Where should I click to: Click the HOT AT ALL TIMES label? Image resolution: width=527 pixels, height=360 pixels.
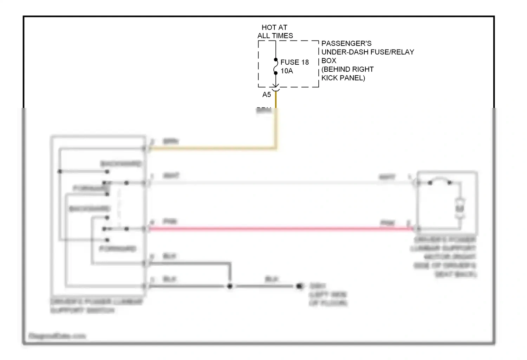pyautogui.click(x=275, y=32)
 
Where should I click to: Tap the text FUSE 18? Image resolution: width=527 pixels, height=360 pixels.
pyautogui.click(x=294, y=62)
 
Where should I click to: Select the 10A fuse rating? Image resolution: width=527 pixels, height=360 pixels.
pyautogui.click(x=287, y=71)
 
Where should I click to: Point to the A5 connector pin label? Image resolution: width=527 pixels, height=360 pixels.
pyautogui.click(x=267, y=95)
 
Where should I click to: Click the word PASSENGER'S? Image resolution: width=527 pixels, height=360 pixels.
pyautogui.click(x=346, y=44)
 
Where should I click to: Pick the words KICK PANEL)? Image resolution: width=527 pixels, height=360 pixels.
pyautogui.click(x=343, y=78)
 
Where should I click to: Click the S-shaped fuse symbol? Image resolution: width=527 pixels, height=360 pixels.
pyautogui.click(x=276, y=66)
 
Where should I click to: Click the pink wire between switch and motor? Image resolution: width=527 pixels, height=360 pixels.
pyautogui.click(x=281, y=229)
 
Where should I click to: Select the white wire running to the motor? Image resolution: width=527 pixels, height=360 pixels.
pyautogui.click(x=281, y=183)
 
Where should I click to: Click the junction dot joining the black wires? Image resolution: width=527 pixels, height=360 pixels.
pyautogui.click(x=230, y=286)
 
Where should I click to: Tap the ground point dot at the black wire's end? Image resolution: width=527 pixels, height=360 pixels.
pyautogui.click(x=299, y=286)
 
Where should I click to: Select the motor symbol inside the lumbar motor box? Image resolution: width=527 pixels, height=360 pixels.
pyautogui.click(x=460, y=208)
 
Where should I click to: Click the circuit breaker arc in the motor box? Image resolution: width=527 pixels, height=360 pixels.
pyautogui.click(x=440, y=181)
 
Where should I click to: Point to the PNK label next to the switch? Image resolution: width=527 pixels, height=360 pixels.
pyautogui.click(x=170, y=221)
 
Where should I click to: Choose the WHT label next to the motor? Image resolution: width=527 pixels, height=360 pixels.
pyautogui.click(x=387, y=177)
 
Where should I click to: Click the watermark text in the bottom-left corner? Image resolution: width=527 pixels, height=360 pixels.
pyautogui.click(x=57, y=336)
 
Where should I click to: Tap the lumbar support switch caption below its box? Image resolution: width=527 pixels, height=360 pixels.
pyautogui.click(x=97, y=306)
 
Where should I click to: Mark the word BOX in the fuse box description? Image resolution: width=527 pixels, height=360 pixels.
pyautogui.click(x=329, y=60)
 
